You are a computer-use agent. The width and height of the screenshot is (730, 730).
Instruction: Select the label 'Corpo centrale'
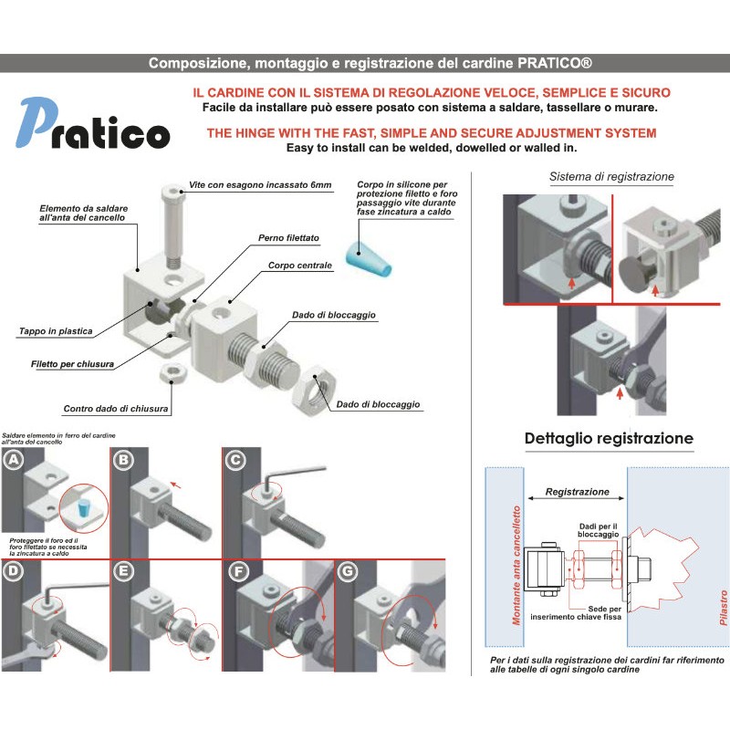pyautogui.click(x=300, y=266)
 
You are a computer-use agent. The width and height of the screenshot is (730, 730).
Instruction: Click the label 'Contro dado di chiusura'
pyautogui.click(x=116, y=409)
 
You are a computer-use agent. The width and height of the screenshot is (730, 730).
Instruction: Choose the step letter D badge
pyautogui.click(x=14, y=572)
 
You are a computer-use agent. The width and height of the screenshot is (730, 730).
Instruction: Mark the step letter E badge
pyautogui.click(x=123, y=572)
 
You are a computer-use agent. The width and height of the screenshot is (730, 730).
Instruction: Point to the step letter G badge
pyautogui.click(x=348, y=572)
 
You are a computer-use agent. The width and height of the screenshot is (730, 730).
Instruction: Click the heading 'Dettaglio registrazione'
pyautogui.click(x=609, y=438)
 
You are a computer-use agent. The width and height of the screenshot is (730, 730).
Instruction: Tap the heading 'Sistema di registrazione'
pyautogui.click(x=611, y=176)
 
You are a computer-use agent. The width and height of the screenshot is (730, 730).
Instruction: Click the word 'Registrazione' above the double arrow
pyautogui.click(x=577, y=491)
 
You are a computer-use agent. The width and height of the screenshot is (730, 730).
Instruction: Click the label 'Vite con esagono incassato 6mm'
pyautogui.click(x=260, y=185)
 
